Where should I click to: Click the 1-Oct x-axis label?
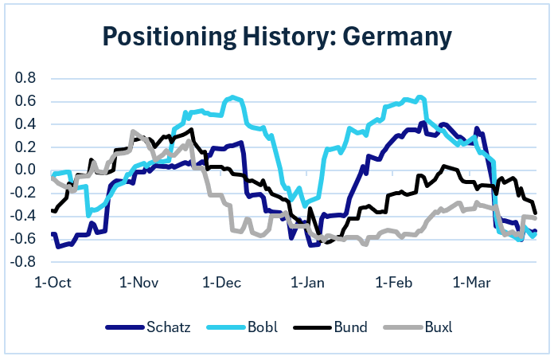(54, 282)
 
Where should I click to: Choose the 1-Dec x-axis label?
(222, 282)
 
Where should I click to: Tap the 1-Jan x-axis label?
(307, 282)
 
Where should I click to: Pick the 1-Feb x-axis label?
(392, 282)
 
